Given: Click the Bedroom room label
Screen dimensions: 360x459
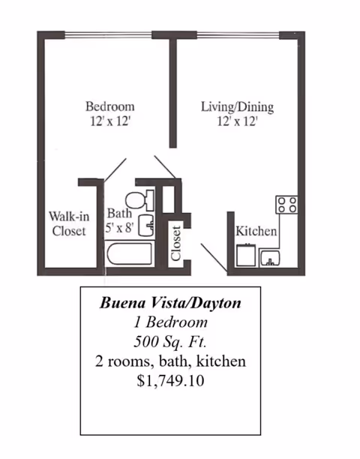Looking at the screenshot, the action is (110, 106).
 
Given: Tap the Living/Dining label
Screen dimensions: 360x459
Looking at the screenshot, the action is (237, 106).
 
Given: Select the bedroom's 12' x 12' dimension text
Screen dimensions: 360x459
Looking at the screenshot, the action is (110, 121).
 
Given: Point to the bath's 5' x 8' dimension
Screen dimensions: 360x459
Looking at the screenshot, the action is (119, 227).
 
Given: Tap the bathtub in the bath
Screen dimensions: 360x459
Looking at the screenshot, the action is (130, 253).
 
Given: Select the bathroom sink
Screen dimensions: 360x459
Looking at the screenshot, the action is (146, 226).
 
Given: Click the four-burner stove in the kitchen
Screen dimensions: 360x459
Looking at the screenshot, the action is (286, 205).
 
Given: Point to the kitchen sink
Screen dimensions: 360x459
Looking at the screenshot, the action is (269, 258).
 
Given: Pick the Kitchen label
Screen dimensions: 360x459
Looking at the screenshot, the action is (256, 231).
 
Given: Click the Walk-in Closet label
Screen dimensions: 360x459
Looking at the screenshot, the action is (69, 223).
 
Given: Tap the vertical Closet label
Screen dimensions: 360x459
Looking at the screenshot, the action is (175, 244).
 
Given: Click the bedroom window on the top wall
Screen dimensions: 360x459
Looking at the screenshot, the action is (108, 35).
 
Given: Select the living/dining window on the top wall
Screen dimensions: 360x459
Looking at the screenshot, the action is (238, 35).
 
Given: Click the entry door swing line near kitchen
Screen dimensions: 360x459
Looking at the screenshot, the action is (214, 257).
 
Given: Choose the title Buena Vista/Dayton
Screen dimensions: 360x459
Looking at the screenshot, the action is (170, 303).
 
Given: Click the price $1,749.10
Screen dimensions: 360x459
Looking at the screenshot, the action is (170, 381).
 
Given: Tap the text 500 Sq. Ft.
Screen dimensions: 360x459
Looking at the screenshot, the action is (170, 341).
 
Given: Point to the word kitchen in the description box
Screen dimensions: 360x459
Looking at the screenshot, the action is (221, 361).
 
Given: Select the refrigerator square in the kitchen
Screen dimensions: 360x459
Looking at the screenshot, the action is (246, 255).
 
